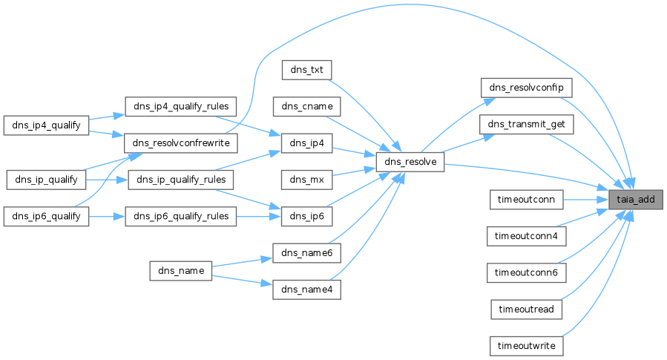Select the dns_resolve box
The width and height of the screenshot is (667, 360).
click(410, 162)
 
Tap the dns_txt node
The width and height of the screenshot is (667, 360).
click(306, 70)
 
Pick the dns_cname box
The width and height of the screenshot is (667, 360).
click(306, 106)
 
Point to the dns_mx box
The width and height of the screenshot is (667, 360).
click(306, 179)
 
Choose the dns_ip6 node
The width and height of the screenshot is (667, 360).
click(306, 216)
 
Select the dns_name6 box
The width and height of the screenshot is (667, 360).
click(306, 252)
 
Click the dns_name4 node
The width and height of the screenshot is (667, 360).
click(306, 289)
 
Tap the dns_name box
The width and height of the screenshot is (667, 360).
click(181, 270)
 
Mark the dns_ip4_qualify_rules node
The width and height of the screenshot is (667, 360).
click(180, 106)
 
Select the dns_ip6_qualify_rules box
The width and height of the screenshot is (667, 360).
click(180, 216)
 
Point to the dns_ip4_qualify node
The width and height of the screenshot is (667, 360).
click(46, 125)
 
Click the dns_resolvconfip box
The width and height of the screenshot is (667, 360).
click(527, 88)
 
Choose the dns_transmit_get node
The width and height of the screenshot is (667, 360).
click(527, 125)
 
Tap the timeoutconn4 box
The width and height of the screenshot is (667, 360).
click(527, 236)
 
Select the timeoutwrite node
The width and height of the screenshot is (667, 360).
click(527, 346)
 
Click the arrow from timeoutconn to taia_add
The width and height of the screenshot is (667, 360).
click(586, 199)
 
